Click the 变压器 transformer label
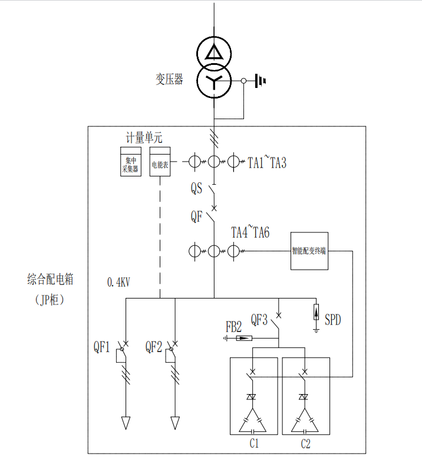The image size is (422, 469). [169, 79]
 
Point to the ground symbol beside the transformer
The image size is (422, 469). [260, 80]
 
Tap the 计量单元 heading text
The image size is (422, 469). [144, 138]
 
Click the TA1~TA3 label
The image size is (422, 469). [267, 162]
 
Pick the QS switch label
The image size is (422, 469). [196, 189]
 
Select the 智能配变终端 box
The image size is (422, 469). [309, 251]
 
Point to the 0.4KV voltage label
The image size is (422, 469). [118, 283]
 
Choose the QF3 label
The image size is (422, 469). [259, 320]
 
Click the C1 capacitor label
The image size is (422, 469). [255, 444]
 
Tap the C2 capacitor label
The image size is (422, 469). [305, 444]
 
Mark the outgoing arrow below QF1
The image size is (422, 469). [126, 422]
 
